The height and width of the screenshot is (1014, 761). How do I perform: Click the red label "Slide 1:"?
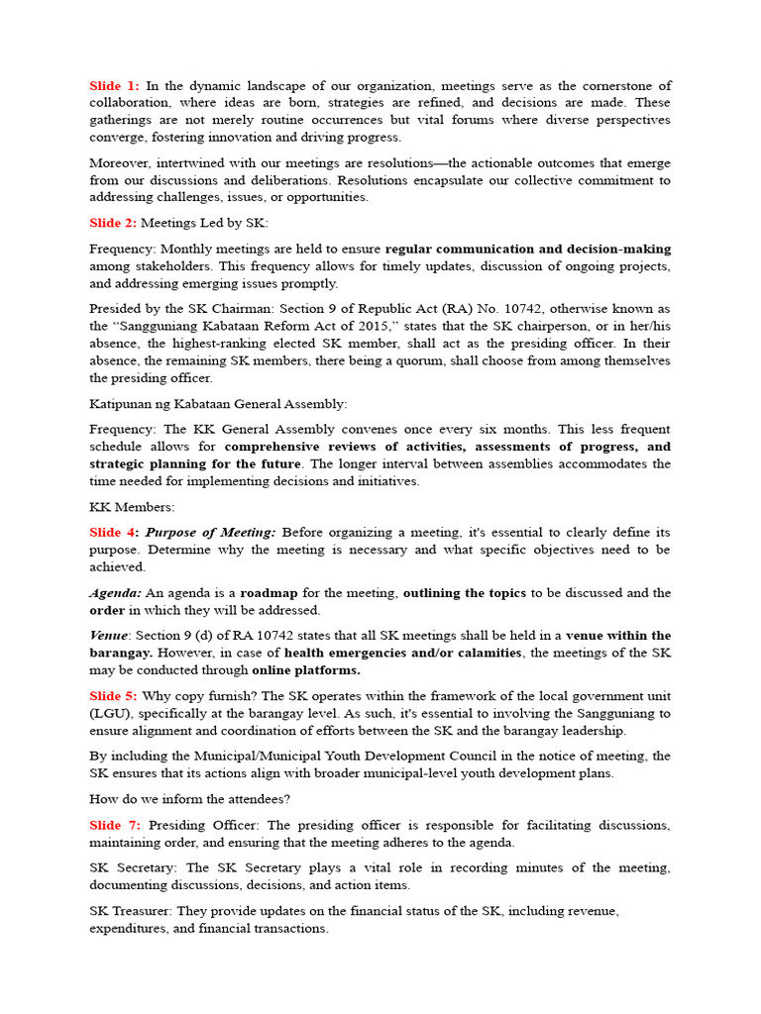(x=114, y=86)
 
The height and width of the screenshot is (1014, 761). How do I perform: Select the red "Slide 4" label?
(x=112, y=533)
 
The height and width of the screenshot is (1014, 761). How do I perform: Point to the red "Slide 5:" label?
(x=114, y=696)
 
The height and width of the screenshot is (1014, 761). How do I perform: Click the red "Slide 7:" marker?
(x=115, y=825)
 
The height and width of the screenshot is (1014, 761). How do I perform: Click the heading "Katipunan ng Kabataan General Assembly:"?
(x=218, y=404)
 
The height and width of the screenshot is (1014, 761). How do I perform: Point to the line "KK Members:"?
(x=132, y=507)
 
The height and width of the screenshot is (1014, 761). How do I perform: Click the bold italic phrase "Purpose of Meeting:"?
(x=210, y=533)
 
